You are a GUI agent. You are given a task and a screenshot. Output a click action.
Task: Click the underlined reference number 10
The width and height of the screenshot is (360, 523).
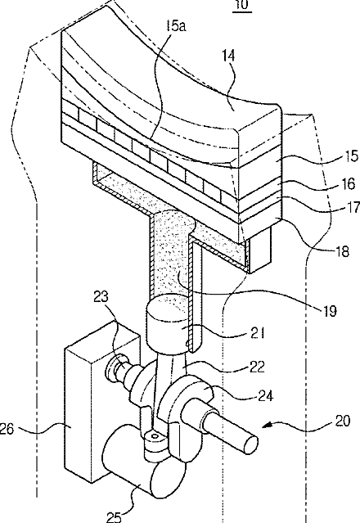[x=243, y=6]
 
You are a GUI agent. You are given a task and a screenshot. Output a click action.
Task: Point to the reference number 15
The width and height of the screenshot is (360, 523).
[x=351, y=156]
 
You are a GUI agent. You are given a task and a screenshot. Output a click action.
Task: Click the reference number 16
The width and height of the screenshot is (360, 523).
[x=348, y=183]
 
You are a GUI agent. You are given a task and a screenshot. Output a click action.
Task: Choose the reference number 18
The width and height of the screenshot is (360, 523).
[x=341, y=250]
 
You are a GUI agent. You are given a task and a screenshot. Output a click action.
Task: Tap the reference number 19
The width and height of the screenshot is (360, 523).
[x=329, y=311]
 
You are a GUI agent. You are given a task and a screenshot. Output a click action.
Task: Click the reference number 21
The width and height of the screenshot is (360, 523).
[x=256, y=332]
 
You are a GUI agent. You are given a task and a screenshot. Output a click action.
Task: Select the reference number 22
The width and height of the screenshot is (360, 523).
[x=256, y=366]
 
